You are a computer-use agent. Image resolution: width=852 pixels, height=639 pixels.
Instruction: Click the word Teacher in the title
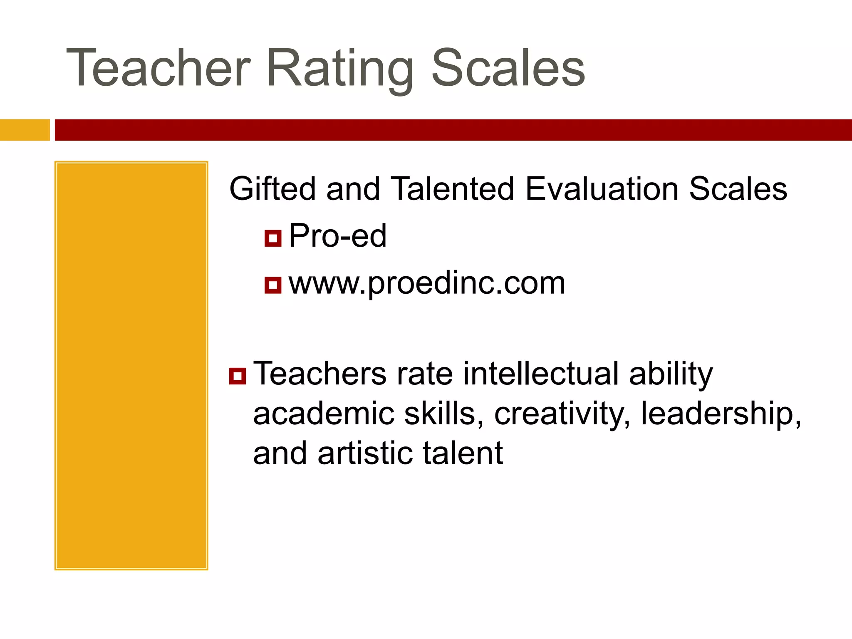159,68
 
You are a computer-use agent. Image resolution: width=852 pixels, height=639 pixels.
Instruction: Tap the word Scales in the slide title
508,68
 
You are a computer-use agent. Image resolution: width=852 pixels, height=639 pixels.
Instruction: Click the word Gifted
272,188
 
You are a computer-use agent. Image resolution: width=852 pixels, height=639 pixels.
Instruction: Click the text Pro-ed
337,236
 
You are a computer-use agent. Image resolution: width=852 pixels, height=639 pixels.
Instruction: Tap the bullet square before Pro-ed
273,238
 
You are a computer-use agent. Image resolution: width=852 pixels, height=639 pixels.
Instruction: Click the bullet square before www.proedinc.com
273,285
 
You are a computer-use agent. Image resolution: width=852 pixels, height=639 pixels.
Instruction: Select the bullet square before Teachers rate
238,376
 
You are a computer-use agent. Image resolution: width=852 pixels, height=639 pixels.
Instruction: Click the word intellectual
541,373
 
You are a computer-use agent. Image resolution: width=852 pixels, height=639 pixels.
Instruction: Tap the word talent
463,453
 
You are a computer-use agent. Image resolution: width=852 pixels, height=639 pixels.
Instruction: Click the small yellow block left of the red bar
25,130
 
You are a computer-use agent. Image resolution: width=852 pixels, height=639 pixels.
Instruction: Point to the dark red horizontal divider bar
453,130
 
